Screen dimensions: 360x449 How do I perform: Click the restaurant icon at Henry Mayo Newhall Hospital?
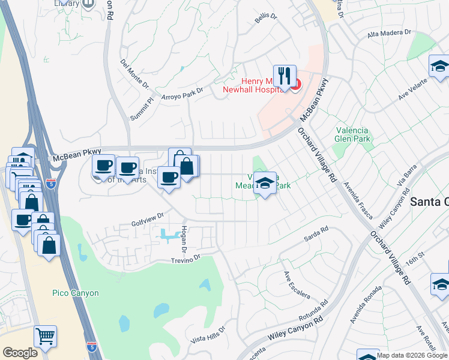(x=285, y=76)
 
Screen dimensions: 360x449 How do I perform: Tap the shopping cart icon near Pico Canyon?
(x=45, y=336)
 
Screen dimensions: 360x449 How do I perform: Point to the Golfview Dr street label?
(x=148, y=220)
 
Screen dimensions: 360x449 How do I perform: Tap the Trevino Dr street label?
(x=185, y=259)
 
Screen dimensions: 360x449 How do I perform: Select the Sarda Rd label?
(x=316, y=233)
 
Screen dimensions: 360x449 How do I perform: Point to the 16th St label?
(x=414, y=260)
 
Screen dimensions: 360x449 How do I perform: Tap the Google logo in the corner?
(x=20, y=353)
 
